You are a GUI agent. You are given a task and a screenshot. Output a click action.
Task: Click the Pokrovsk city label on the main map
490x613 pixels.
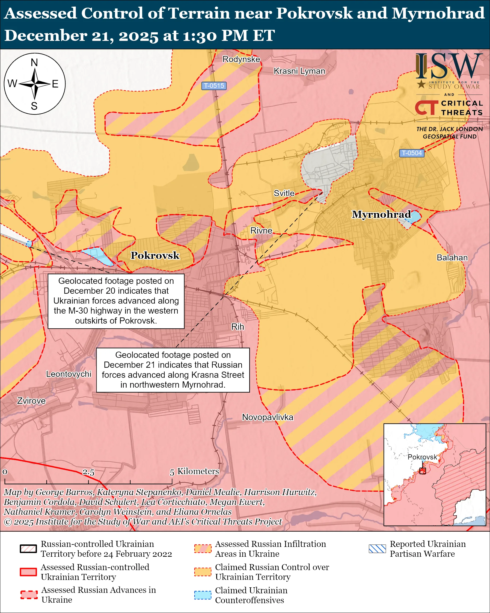pos(155,255)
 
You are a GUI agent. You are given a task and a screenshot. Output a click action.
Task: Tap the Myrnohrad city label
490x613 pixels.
pos(381,214)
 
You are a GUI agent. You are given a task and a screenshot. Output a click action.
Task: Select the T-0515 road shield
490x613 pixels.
pos(214,86)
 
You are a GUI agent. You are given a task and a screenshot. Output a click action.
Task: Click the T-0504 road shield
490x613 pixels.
pos(412,153)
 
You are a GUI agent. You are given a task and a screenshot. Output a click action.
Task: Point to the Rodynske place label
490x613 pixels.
pos(241,59)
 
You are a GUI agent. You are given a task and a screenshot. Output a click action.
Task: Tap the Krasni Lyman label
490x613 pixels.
pos(299,71)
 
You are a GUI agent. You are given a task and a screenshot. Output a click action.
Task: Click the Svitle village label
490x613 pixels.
pos(284,193)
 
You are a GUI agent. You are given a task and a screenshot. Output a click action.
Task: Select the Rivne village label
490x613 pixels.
pos(261,231)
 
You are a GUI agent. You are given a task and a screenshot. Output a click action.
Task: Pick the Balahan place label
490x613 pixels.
pos(452,258)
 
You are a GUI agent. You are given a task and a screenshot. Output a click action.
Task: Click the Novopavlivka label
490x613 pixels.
pos(267,417)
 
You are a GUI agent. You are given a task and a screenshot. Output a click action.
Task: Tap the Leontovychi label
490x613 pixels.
pos(69,374)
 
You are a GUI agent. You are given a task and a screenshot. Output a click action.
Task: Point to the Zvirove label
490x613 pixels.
pos(31,401)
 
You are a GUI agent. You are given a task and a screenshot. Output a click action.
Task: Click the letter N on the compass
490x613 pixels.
pos(34,63)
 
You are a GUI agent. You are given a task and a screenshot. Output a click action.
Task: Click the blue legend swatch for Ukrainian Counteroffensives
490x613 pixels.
pos(203,595)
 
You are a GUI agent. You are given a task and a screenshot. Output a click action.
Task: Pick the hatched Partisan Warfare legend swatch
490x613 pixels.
pos(377,549)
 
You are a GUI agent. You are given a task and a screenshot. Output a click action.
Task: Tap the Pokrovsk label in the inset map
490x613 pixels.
pos(422,457)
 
